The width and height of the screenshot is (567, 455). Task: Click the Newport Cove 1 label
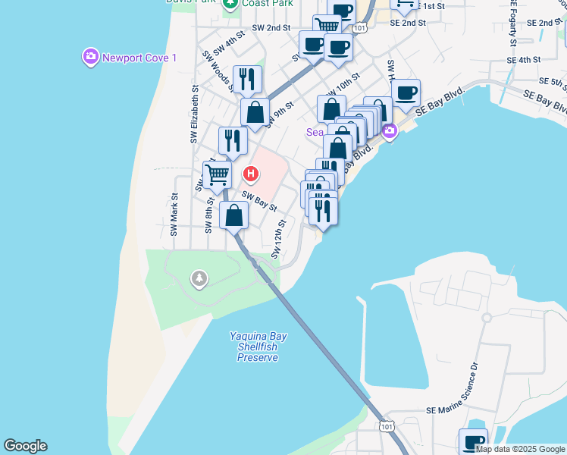139,58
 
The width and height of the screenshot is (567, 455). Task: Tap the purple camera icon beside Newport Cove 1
90,57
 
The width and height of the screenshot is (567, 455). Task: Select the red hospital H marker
251,175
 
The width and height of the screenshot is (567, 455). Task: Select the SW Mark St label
174,214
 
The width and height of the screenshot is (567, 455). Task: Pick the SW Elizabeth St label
194,115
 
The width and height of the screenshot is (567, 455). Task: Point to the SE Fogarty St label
513,23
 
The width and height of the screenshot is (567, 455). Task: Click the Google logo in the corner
25,446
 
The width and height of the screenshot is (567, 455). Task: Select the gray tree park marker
199,279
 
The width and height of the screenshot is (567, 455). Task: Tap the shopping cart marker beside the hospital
217,174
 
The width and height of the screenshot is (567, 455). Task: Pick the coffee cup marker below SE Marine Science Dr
473,441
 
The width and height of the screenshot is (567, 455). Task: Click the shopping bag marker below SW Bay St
234,215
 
